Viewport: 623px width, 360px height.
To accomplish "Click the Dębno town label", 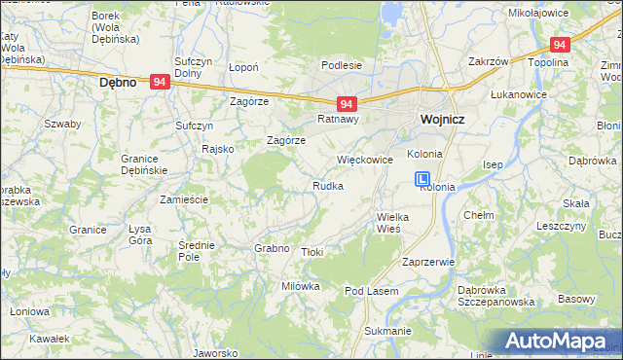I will tap(124, 84).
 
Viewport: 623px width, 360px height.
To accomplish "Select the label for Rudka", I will tap(327, 186).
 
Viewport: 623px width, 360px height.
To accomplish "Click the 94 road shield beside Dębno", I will tap(162, 84).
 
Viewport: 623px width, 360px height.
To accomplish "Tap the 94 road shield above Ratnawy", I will tap(346, 103).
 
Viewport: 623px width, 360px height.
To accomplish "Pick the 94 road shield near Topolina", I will tap(560, 45).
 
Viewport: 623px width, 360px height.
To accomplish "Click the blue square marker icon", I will tap(423, 179).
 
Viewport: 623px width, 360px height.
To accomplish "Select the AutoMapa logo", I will tap(560, 342).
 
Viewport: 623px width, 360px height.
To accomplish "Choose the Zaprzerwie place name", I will tap(428, 263).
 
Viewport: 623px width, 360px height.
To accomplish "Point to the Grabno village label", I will tap(273, 248).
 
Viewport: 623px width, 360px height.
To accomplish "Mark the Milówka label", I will tap(301, 286).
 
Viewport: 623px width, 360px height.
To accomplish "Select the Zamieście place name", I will tap(184, 198).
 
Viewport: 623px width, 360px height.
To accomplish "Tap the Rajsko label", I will tap(217, 149).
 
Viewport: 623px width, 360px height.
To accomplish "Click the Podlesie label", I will tap(343, 65).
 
